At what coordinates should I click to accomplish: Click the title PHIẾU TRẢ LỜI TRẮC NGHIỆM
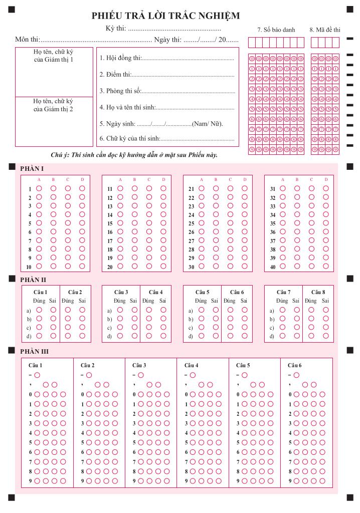[x=165, y=16]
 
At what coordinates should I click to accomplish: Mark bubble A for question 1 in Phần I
[x=39, y=189]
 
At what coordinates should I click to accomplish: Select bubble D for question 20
[x=163, y=267]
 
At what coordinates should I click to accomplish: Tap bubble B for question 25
[x=216, y=223]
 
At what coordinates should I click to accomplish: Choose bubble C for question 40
[x=311, y=267]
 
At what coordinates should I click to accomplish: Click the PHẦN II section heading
[x=33, y=280]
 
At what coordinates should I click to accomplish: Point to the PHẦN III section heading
[x=34, y=351]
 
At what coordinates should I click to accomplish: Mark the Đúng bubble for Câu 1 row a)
[x=39, y=310]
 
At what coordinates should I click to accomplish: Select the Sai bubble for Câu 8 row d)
[x=326, y=336]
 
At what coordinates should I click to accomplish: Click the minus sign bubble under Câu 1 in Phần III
[x=37, y=375]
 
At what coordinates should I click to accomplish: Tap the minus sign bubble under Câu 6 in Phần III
[x=296, y=375]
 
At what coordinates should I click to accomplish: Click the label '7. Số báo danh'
[x=276, y=30]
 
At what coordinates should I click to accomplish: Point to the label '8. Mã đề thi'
[x=325, y=30]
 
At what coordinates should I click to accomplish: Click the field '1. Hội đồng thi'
[x=166, y=58]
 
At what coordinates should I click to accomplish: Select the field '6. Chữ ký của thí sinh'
[x=166, y=138]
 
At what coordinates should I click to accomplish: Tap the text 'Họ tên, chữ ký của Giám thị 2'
[x=54, y=105]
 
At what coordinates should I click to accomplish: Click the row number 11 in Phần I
[x=110, y=189]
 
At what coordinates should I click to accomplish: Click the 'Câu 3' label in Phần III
[x=139, y=365]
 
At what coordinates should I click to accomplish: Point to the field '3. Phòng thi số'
[x=166, y=91]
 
